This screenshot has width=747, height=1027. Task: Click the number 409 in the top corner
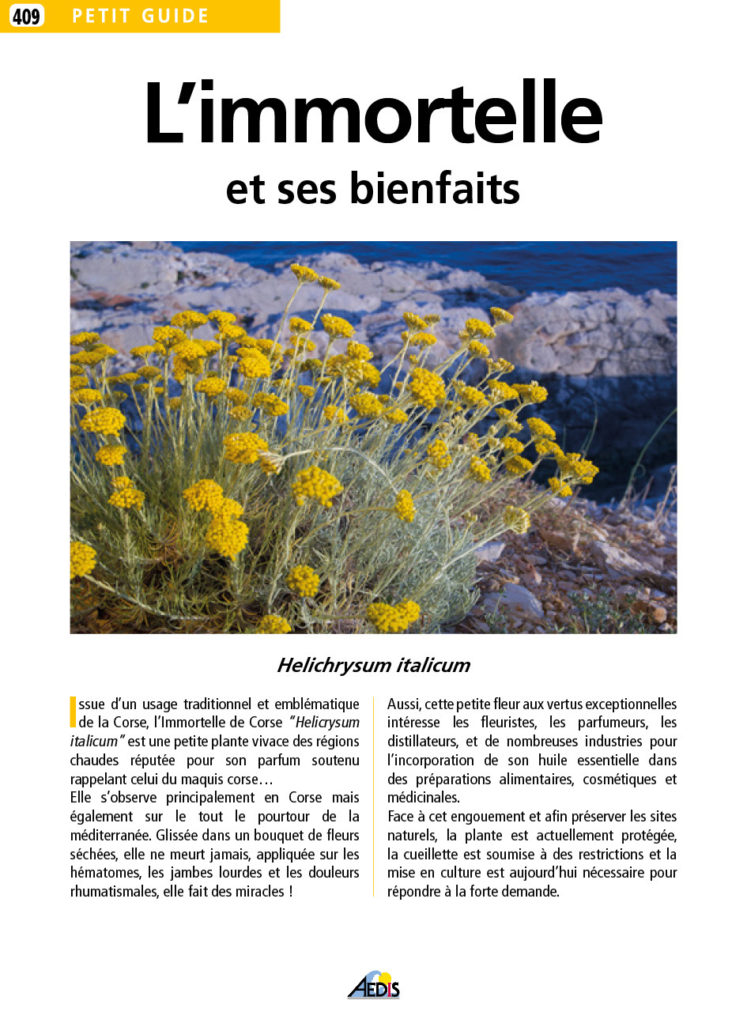tap(26, 16)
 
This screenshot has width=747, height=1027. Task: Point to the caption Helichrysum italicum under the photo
tap(373, 666)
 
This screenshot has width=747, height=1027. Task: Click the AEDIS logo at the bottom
tap(374, 986)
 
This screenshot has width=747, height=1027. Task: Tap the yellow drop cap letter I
tap(73, 712)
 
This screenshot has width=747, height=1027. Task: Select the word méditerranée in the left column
tap(111, 835)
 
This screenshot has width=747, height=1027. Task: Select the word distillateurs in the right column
tap(422, 742)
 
